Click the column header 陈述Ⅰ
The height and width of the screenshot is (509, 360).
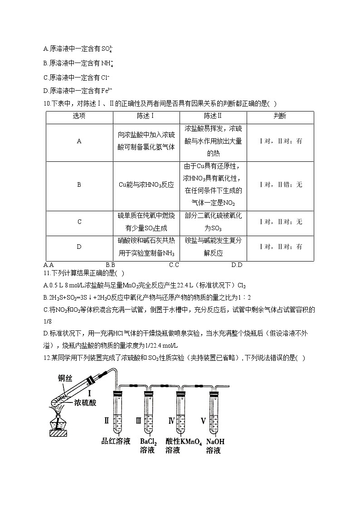click(x=146, y=116)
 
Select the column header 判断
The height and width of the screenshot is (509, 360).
click(x=280, y=116)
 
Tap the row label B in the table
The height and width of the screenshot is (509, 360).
click(x=79, y=185)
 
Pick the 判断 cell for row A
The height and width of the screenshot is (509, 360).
click(x=280, y=141)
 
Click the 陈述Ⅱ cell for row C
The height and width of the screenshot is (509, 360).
click(x=213, y=222)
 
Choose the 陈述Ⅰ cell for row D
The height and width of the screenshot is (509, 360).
click(x=146, y=247)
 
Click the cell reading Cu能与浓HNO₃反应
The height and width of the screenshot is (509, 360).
click(x=146, y=185)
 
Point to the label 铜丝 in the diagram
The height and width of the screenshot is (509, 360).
click(x=64, y=379)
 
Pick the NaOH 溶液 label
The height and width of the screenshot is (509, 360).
click(x=215, y=446)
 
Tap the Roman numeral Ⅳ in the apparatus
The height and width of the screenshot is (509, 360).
click(x=171, y=420)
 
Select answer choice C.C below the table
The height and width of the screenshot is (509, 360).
click(x=174, y=265)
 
